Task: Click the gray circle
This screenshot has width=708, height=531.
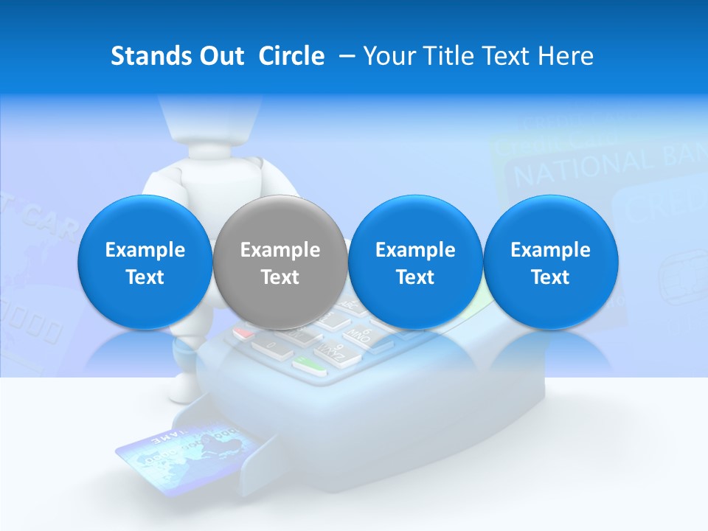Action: click(280, 262)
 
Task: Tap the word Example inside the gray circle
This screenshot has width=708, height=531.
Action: click(280, 250)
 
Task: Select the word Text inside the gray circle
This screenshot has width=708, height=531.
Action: click(280, 277)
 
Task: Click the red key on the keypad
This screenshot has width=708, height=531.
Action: click(244, 333)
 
